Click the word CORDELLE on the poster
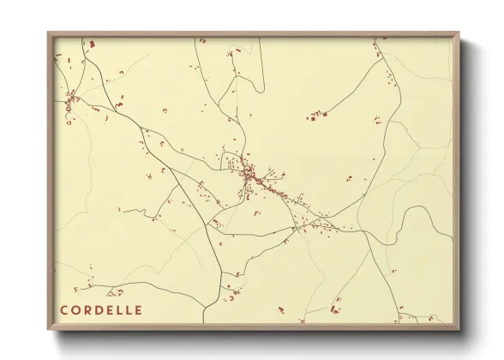(102, 309)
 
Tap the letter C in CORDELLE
(64, 309)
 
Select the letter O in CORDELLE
(76, 309)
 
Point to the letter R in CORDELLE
(88, 309)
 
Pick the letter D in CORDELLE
(100, 309)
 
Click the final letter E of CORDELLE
(139, 309)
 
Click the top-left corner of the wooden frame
(48, 33)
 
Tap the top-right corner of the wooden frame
(459, 33)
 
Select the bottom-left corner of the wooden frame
(48, 331)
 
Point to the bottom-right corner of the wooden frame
(459, 331)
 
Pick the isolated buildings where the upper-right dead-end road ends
(318, 114)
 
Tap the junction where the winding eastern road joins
(364, 230)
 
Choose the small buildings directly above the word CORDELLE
(89, 287)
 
